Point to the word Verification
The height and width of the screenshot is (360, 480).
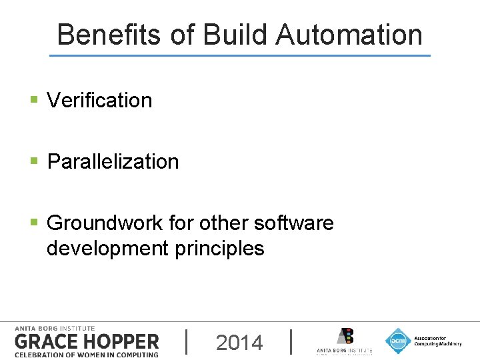(99, 101)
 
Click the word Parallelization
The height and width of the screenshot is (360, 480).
(113, 162)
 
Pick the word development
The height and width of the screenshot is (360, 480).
(107, 249)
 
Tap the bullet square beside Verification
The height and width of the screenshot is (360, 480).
(34, 101)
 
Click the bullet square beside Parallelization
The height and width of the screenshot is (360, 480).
(34, 161)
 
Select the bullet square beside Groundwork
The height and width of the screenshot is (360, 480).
(34, 222)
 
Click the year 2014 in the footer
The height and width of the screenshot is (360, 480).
(239, 343)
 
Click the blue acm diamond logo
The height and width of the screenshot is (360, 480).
(398, 341)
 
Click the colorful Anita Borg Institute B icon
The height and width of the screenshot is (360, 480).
(345, 336)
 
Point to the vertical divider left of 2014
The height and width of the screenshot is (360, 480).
(186, 341)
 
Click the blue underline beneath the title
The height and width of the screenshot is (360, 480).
(240, 55)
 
